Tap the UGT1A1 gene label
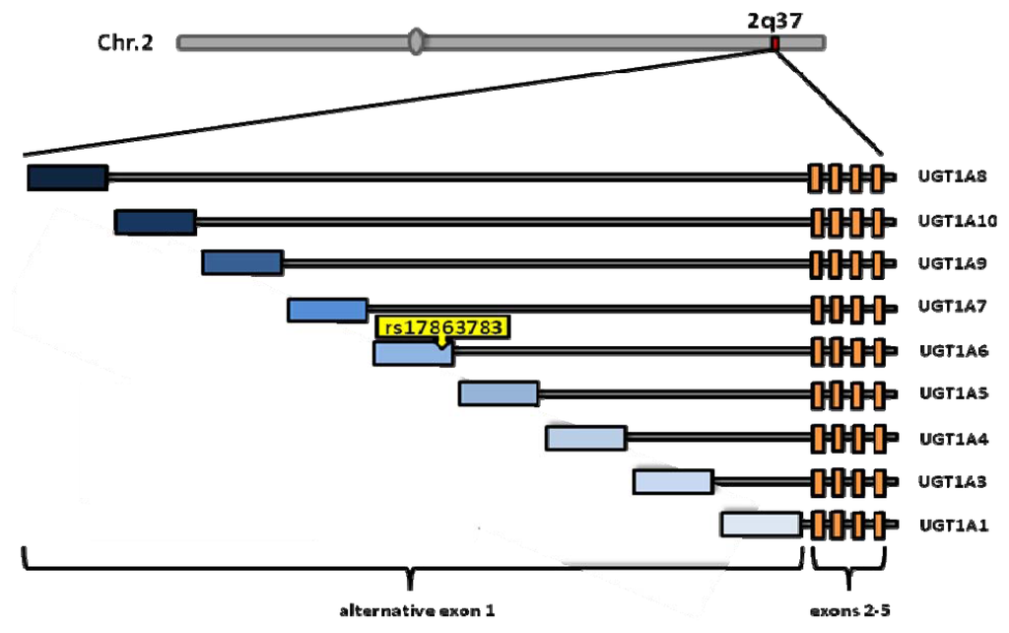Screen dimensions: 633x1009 (x=950, y=525)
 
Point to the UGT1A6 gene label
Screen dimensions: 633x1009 (x=950, y=350)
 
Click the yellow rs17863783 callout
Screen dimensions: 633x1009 (x=442, y=327)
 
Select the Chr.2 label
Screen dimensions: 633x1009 (x=125, y=42)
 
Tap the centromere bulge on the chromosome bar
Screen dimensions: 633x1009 (x=418, y=42)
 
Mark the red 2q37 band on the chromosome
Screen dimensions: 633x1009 (x=775, y=42)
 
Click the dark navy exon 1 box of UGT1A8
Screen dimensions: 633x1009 (x=67, y=177)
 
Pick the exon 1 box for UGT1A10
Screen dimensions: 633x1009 (x=155, y=222)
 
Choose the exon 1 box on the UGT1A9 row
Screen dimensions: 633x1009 (x=242, y=262)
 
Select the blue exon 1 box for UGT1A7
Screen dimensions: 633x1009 (x=327, y=310)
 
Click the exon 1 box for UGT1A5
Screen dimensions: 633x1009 (x=499, y=393)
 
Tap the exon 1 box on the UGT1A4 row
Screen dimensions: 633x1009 (x=586, y=438)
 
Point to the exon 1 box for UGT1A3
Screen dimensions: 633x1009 (x=673, y=481)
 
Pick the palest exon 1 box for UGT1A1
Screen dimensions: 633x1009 (x=760, y=524)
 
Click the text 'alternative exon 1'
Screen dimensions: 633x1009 (x=416, y=610)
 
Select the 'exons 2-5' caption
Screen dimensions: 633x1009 (x=850, y=610)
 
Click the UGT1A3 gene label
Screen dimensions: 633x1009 (x=950, y=481)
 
